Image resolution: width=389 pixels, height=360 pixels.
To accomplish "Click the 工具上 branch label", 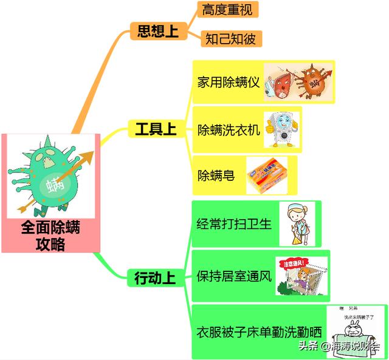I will [155, 129].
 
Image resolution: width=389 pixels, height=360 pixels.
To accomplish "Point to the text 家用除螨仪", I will [229, 82].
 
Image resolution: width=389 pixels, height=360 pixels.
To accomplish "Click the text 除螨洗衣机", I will [229, 129].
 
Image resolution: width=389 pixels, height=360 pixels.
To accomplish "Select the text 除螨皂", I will [216, 175].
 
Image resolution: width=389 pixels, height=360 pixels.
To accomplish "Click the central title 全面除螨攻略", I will [50, 236].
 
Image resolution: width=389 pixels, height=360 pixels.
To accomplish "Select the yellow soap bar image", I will [270, 174].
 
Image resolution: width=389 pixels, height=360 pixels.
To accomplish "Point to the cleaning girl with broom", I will [297, 223].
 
